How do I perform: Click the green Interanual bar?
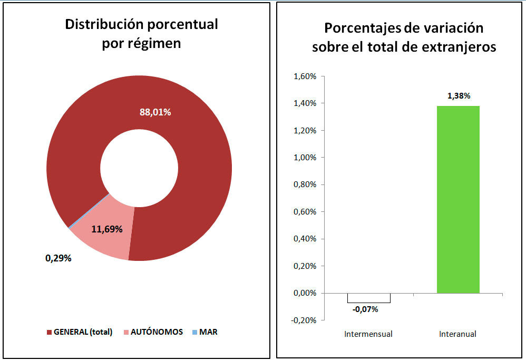click(458, 200)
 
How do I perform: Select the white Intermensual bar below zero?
click(369, 298)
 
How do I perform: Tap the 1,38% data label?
click(459, 96)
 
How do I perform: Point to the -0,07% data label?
click(365, 309)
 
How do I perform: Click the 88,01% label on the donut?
click(155, 112)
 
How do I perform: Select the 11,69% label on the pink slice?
click(106, 229)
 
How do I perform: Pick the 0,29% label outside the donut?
click(59, 258)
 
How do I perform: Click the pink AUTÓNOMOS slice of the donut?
click(104, 231)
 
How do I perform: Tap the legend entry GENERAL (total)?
click(80, 332)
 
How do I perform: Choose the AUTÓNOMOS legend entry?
click(153, 332)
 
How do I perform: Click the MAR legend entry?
click(205, 332)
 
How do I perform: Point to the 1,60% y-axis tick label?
click(305, 76)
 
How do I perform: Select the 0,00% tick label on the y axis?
click(305, 293)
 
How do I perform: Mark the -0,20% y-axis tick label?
click(304, 320)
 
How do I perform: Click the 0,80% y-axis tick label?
click(305, 184)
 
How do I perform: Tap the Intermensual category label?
click(368, 334)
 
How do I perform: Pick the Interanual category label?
click(457, 334)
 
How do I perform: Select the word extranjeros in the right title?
click(459, 47)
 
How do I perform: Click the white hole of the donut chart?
click(139, 168)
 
